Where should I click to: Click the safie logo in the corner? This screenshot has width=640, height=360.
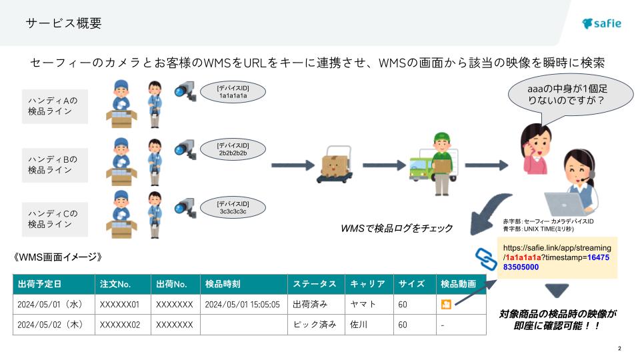tap(601, 23)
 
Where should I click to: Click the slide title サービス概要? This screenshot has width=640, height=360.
tap(64, 23)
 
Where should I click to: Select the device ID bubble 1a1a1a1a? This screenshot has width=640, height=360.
tap(233, 92)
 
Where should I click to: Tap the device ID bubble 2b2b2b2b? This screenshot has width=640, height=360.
tap(233, 149)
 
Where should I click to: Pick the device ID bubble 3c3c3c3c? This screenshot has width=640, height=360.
tap(233, 207)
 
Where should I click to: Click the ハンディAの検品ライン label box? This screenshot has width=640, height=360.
tap(55, 106)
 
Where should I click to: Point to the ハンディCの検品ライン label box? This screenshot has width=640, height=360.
tap(55, 219)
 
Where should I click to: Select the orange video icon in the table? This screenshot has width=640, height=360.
tap(445, 305)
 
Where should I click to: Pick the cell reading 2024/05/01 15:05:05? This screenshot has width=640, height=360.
tap(242, 305)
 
